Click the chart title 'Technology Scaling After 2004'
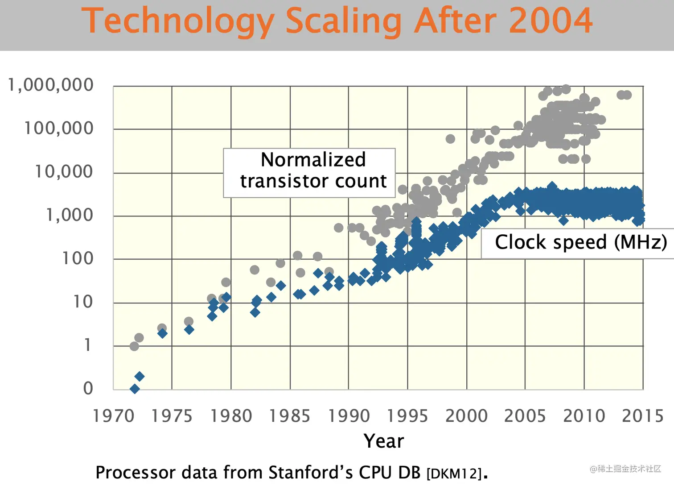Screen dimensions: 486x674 [337, 21]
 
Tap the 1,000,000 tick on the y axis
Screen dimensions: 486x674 [51, 85]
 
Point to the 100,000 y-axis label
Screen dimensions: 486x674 [58, 129]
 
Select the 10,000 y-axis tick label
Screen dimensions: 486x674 [64, 172]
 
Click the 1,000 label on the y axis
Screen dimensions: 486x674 [70, 215]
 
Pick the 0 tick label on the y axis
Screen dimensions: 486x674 [88, 388]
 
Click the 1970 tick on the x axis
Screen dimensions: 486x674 [113, 416]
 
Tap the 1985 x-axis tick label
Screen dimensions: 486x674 [290, 416]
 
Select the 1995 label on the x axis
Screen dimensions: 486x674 [407, 416]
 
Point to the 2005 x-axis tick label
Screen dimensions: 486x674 [525, 416]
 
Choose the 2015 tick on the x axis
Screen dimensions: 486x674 [643, 416]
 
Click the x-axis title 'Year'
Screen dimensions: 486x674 [384, 441]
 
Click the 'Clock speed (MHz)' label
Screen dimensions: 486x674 [580, 242]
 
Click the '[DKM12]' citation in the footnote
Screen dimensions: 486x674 [454, 474]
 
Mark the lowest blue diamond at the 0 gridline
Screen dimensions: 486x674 [135, 389]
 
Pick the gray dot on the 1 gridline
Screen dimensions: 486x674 [134, 346]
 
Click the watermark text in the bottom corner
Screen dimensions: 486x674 [625, 469]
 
